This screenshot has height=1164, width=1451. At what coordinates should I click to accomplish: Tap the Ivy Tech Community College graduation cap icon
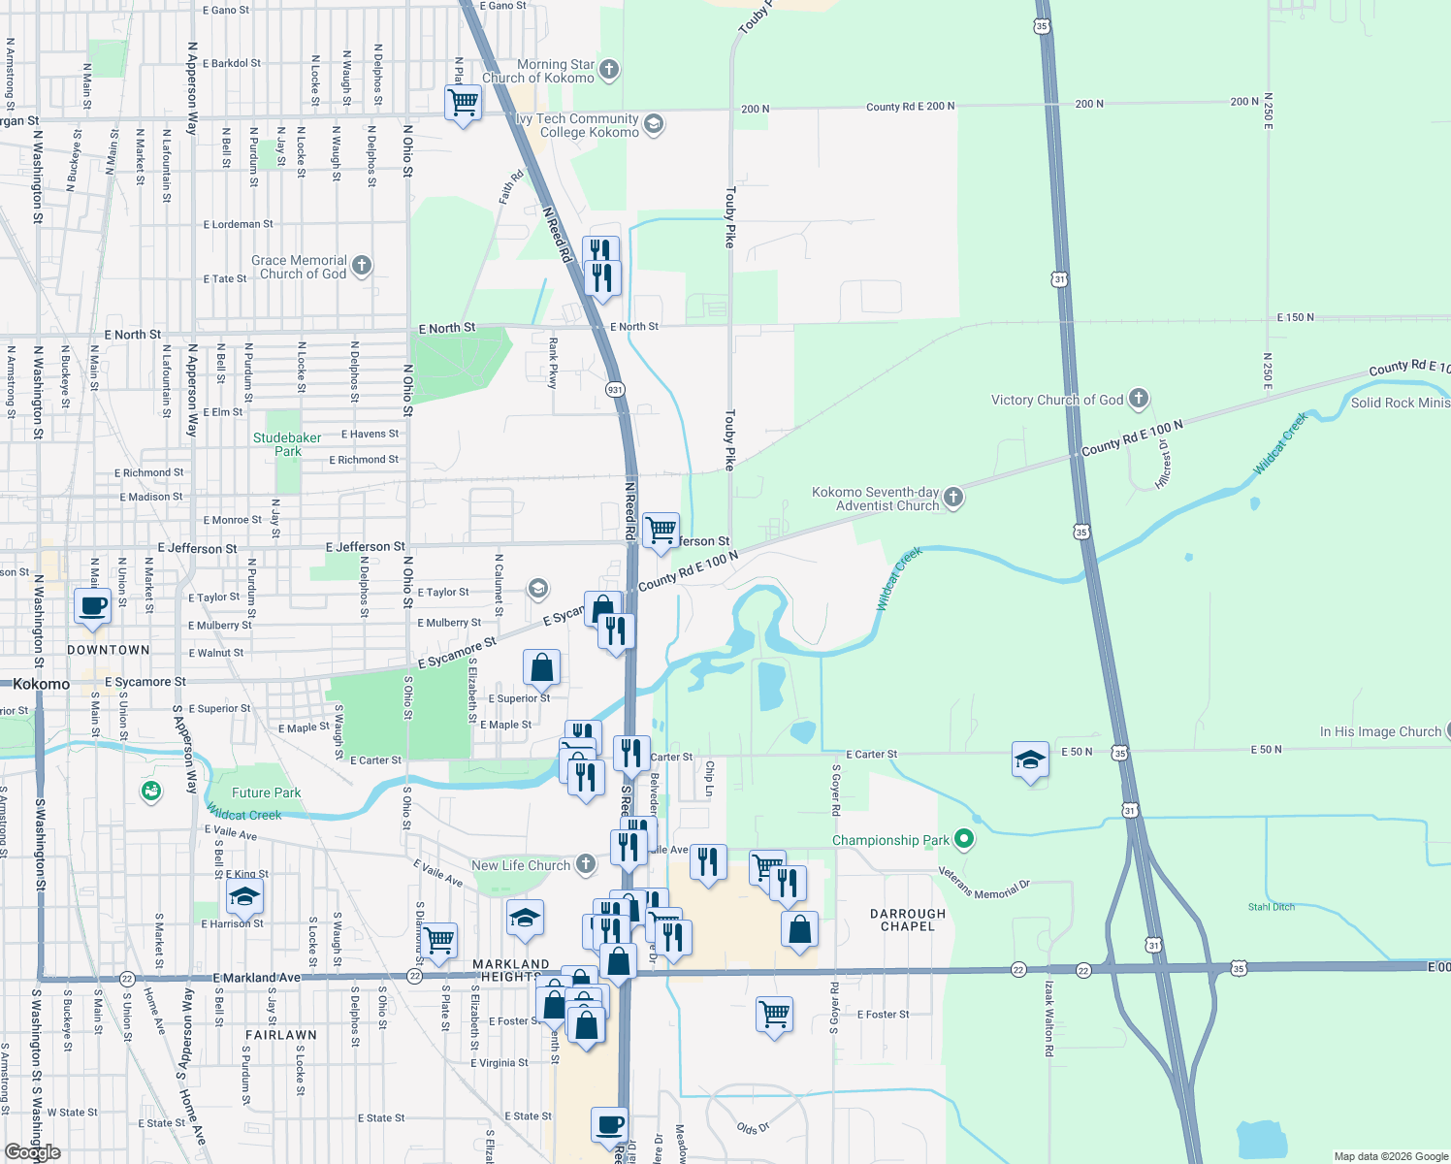tap(654, 123)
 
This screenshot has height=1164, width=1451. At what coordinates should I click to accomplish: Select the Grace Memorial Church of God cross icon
tap(362, 265)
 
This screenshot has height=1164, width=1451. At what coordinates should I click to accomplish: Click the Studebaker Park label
tap(287, 444)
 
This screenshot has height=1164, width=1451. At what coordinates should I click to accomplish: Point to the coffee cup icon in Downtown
tap(93, 608)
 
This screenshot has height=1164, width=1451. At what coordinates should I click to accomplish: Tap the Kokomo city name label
tap(42, 684)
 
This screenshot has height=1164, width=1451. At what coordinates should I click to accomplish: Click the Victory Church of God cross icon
tap(1139, 399)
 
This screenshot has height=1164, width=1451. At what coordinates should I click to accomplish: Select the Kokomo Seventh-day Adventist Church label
tap(876, 499)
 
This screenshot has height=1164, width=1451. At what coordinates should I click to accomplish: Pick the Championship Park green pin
tap(963, 838)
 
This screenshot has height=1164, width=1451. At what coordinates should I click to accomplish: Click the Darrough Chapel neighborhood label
tap(908, 920)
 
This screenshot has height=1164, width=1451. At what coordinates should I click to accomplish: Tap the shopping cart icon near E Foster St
tap(774, 1015)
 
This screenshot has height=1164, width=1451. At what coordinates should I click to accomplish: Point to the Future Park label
tap(266, 792)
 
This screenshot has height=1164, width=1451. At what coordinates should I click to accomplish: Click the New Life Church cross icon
tap(586, 863)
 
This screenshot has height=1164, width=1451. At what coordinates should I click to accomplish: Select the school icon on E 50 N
tap(1030, 760)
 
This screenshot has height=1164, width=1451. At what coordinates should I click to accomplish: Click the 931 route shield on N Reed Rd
tap(615, 389)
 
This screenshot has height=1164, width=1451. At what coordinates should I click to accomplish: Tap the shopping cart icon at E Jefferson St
tap(661, 530)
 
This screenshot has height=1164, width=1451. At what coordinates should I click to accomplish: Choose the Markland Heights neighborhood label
tap(510, 970)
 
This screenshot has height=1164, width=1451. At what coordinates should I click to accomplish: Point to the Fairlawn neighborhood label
tap(280, 1035)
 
